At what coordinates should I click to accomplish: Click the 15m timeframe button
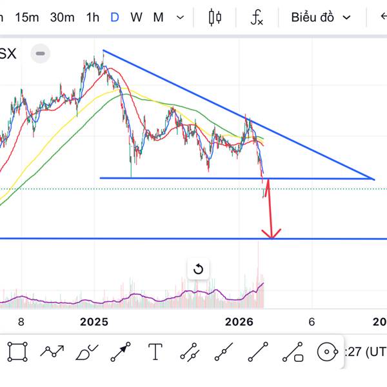pyautogui.click(x=26, y=17)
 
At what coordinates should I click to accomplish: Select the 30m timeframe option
pyautogui.click(x=62, y=17)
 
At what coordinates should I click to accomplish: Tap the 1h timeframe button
pyautogui.click(x=92, y=17)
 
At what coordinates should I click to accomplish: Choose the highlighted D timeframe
pyautogui.click(x=114, y=17)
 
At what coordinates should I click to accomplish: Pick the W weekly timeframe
pyautogui.click(x=136, y=17)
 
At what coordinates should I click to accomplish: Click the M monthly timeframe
pyautogui.click(x=158, y=17)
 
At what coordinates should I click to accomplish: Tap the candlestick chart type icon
pyautogui.click(x=215, y=17)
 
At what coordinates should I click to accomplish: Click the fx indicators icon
pyautogui.click(x=257, y=17)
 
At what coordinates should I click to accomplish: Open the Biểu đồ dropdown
pyautogui.click(x=321, y=17)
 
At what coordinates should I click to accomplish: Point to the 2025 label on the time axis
pyautogui.click(x=95, y=322)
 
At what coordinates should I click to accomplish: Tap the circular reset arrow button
pyautogui.click(x=198, y=269)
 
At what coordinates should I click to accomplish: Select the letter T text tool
pyautogui.click(x=155, y=352)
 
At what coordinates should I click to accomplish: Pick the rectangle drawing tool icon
pyautogui.click(x=18, y=352)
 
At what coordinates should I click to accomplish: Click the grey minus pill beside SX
pyautogui.click(x=41, y=54)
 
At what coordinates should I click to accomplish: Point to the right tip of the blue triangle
pyautogui.click(x=374, y=179)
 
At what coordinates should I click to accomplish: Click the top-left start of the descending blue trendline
pyautogui.click(x=103, y=50)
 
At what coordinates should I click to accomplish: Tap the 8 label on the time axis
pyautogui.click(x=21, y=322)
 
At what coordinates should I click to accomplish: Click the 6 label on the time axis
pyautogui.click(x=312, y=322)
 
